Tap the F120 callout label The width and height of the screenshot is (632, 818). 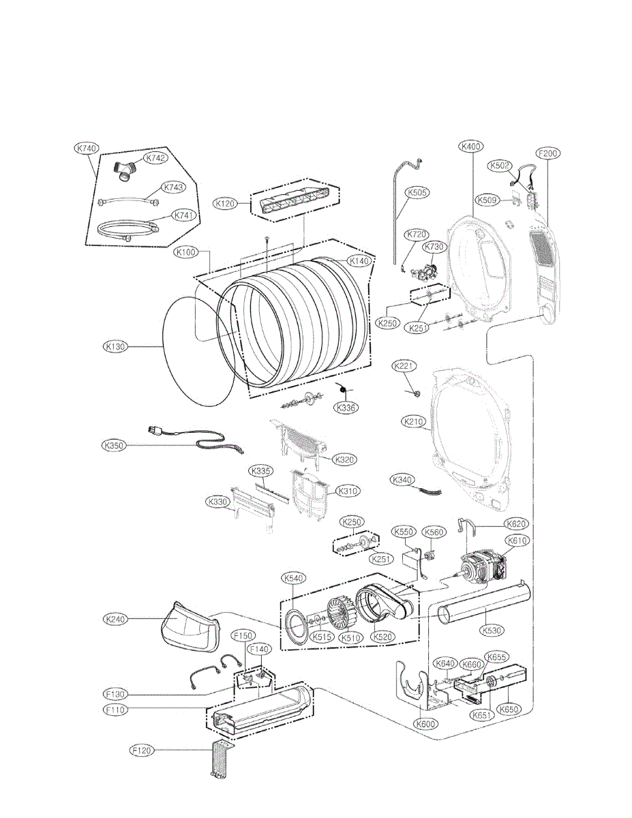coord(142,751)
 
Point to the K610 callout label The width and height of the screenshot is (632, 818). coord(518,540)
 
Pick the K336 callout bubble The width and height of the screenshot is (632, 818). coord(346,408)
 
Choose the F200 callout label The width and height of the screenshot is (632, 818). coord(548,154)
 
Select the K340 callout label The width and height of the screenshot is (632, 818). coord(402,481)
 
